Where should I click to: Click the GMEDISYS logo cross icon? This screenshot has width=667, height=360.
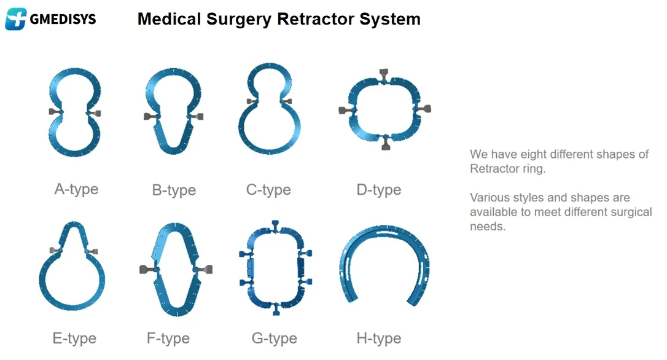tap(15, 19)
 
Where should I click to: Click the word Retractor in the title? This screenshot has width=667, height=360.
tap(319, 19)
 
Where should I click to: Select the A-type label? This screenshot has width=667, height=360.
tap(76, 189)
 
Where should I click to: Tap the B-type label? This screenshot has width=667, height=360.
tap(174, 190)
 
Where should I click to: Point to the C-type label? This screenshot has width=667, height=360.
tap(268, 189)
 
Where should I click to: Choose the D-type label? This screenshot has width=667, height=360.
tap(378, 189)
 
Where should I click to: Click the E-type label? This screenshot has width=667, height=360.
tap(74, 338)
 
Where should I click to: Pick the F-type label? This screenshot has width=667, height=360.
tap(168, 338)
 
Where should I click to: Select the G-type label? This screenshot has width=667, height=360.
tap(274, 338)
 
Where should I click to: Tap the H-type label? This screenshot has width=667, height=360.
tap(378, 338)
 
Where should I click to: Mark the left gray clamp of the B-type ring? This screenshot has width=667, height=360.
tap(149, 116)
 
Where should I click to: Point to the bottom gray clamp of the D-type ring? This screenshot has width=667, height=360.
tap(386, 144)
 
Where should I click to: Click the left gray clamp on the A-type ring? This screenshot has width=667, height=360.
tap(53, 112)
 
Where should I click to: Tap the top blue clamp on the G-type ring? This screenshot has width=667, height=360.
tap(275, 224)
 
